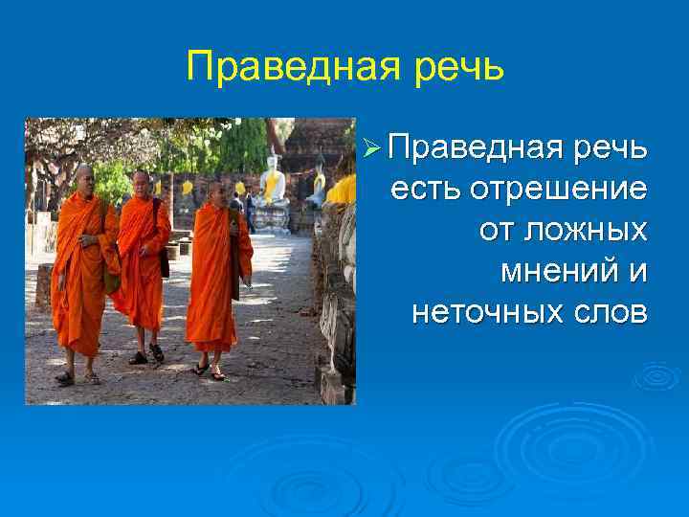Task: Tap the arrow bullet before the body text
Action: pyautogui.click(x=373, y=149)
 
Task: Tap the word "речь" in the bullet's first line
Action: pyautogui.click(x=609, y=149)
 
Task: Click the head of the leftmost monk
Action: pyautogui.click(x=84, y=175)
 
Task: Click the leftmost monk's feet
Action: pyautogui.click(x=77, y=377)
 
